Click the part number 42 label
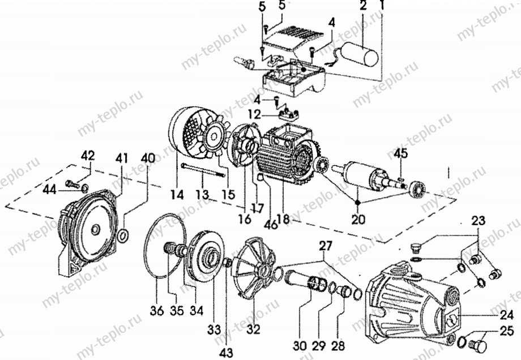88,156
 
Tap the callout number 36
156,311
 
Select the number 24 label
507,314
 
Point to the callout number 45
401,154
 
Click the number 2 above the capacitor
362,6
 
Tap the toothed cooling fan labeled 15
213,139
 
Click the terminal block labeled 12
288,115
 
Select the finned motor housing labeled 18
286,154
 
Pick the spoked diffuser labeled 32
254,265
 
